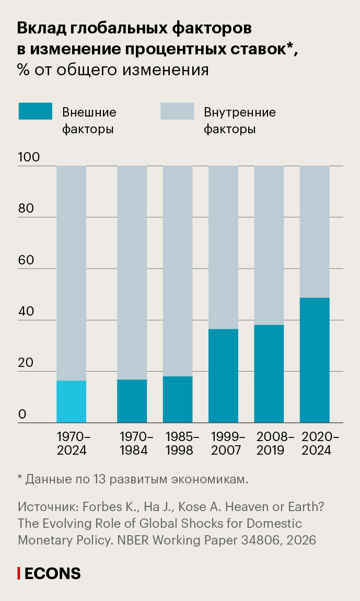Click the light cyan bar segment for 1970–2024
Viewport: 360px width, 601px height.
pos(71,401)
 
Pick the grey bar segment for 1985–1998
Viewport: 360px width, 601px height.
pos(178,271)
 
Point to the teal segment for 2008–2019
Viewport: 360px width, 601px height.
pos(269,373)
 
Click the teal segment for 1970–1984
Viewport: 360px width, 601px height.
pos(132,401)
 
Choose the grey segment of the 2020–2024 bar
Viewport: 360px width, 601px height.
pos(315,232)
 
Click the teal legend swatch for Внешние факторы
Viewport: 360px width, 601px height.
pos(35,111)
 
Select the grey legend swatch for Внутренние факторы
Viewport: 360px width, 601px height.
pos(177,111)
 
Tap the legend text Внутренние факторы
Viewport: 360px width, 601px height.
pos(240,121)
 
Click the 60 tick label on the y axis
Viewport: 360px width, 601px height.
pos(26,260)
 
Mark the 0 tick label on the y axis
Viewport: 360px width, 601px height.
pos(22,414)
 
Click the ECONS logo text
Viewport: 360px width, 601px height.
pos(53,573)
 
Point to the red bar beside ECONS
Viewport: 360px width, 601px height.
pos(19,573)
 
